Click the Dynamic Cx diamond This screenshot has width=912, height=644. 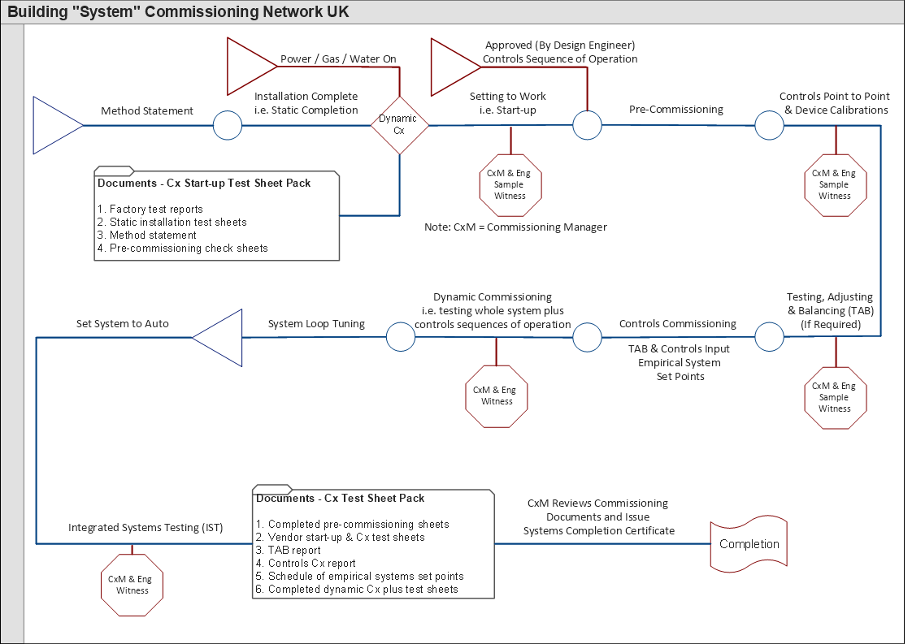click(399, 125)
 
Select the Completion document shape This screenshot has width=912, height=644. click(749, 543)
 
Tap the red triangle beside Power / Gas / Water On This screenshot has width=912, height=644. click(250, 66)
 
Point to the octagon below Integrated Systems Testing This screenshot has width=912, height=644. click(132, 585)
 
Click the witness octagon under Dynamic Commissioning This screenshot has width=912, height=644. click(497, 395)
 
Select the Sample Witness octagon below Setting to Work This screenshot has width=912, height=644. click(510, 184)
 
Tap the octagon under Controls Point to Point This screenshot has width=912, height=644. click(835, 184)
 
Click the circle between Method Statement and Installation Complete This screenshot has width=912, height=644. click(228, 125)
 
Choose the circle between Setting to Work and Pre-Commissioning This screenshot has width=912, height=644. click(587, 125)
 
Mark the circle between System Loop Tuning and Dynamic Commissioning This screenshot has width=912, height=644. click(400, 336)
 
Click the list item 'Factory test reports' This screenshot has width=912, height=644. click(155, 209)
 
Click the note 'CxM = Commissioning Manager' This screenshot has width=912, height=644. click(515, 227)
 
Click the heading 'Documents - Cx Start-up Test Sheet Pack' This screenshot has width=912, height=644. click(204, 183)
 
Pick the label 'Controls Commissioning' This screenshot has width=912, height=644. click(677, 323)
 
